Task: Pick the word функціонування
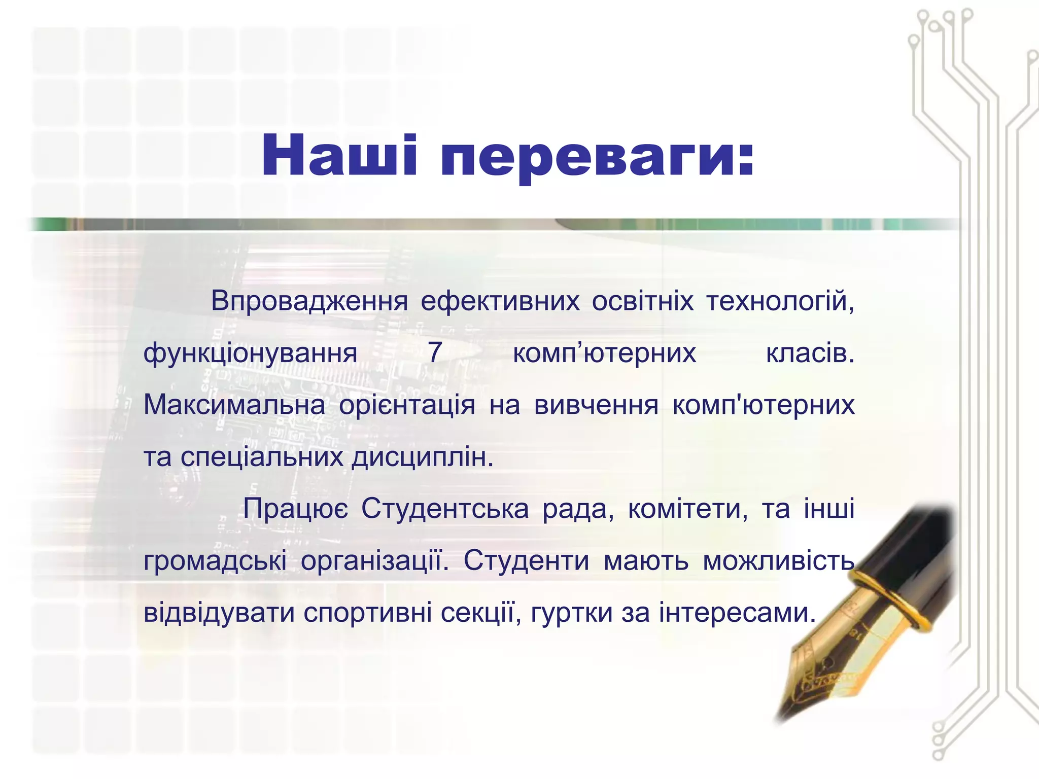[x=251, y=353]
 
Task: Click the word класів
[x=810, y=353]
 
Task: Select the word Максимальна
[x=234, y=405]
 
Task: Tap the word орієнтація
[x=407, y=406]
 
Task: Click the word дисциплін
[x=423, y=458]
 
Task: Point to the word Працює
[x=296, y=509]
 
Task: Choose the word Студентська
[x=445, y=509]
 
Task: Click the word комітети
[x=688, y=509]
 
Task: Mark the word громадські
[x=215, y=562]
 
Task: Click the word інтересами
[x=737, y=613]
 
